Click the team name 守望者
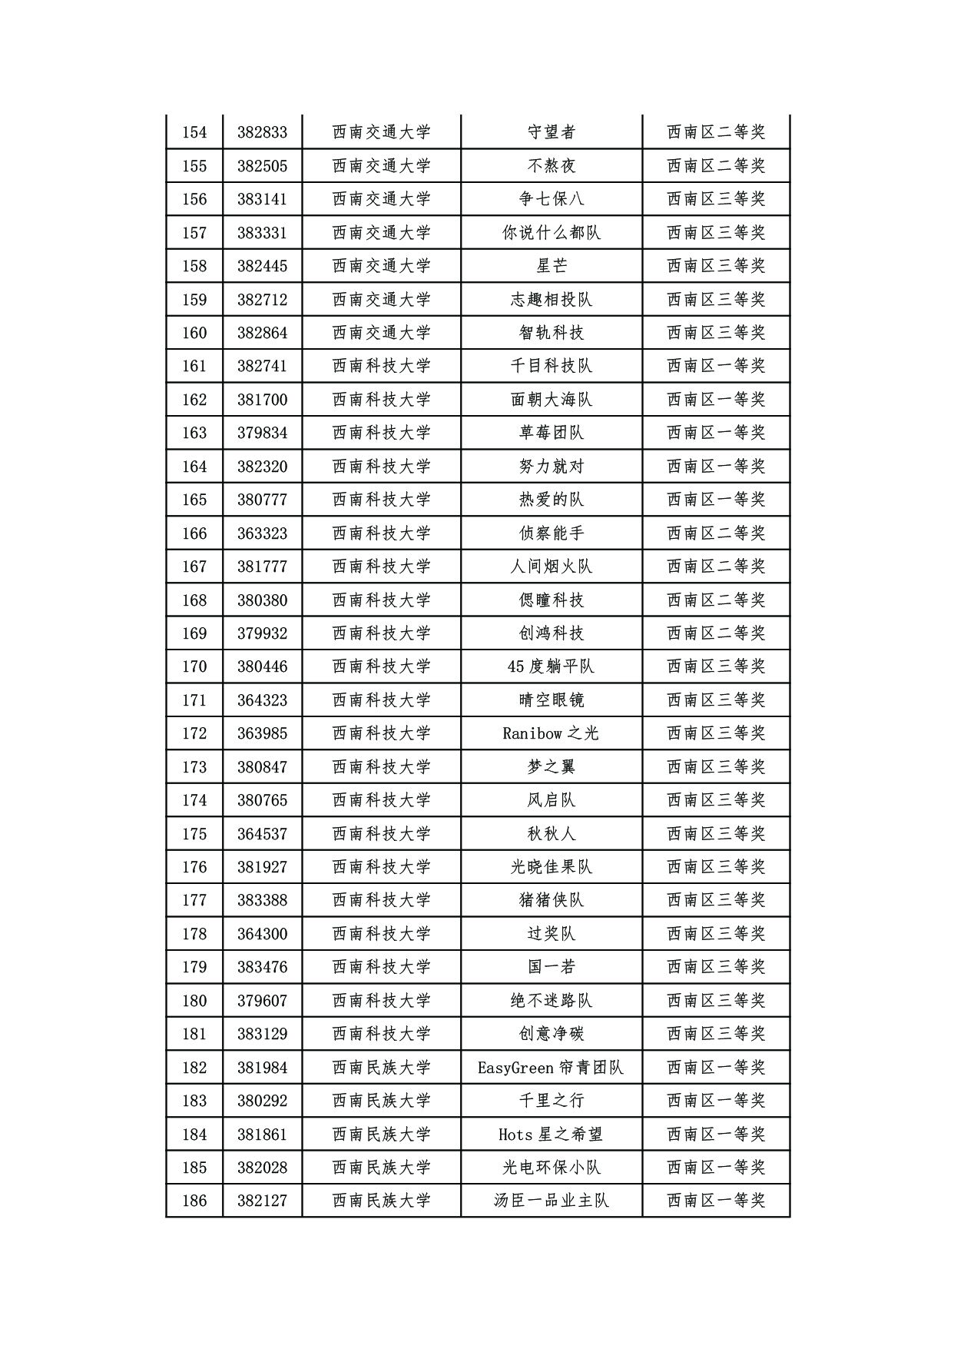pyautogui.click(x=551, y=132)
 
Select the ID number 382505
pyautogui.click(x=262, y=166)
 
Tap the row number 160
pyautogui.click(x=194, y=333)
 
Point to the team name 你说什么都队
pyautogui.click(x=551, y=233)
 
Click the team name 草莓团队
pyautogui.click(x=551, y=433)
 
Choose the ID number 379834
pyautogui.click(x=262, y=433)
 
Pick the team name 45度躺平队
pyautogui.click(x=551, y=666)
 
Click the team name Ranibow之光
pyautogui.click(x=551, y=733)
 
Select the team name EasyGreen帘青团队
pyautogui.click(x=551, y=1068)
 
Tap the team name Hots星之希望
pyautogui.click(x=551, y=1135)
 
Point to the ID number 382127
pyautogui.click(x=262, y=1201)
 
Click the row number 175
pyautogui.click(x=194, y=834)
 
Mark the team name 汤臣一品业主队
pyautogui.click(x=551, y=1201)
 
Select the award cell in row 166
pyautogui.click(x=716, y=533)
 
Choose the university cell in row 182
pyautogui.click(x=382, y=1068)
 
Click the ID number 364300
pyautogui.click(x=262, y=934)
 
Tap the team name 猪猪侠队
pyautogui.click(x=551, y=900)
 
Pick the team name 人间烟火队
pyautogui.click(x=551, y=567)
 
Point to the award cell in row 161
pyautogui.click(x=716, y=366)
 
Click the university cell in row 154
pyautogui.click(x=382, y=132)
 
